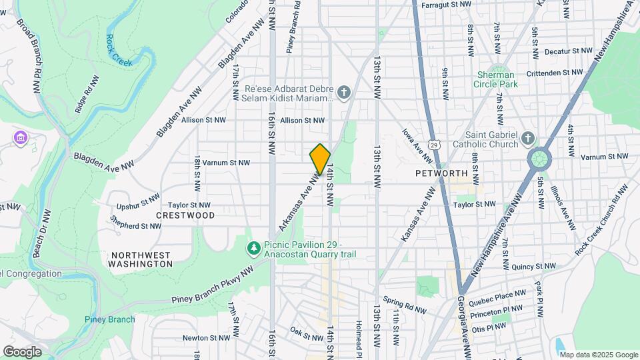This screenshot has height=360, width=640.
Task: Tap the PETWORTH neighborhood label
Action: click(x=441, y=173)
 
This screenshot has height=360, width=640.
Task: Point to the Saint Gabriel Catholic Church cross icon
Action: click(x=528, y=139)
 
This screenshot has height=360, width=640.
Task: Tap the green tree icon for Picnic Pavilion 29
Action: click(x=253, y=249)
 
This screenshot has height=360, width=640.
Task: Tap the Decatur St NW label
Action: click(x=568, y=51)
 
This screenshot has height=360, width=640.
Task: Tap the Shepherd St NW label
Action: click(x=136, y=226)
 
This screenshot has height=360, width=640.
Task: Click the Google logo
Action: click(x=22, y=351)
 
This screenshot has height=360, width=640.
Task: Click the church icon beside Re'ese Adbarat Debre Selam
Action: click(x=343, y=92)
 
